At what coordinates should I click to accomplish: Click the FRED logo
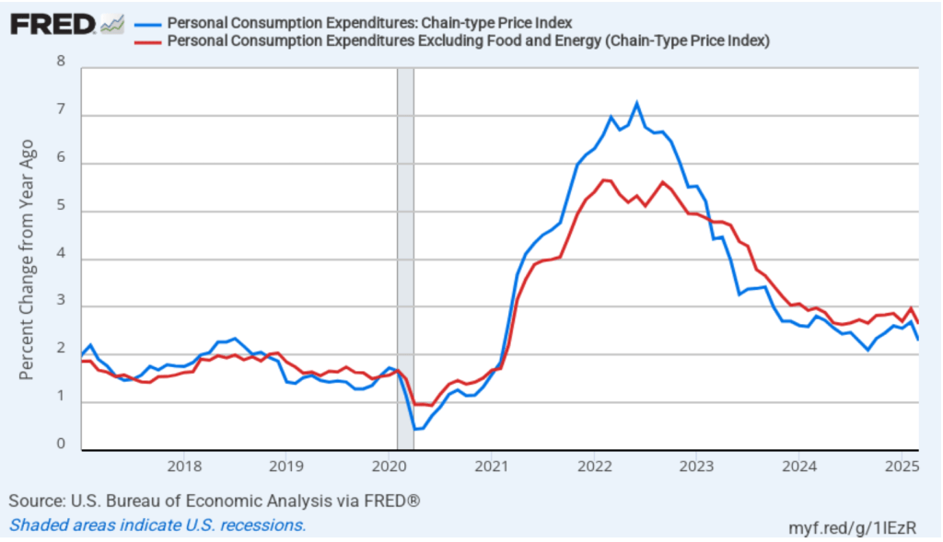(52, 24)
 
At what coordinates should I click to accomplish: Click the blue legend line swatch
(147, 23)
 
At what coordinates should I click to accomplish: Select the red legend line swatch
(147, 40)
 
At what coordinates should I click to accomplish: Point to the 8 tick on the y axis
(62, 63)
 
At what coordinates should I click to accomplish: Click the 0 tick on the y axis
(62, 444)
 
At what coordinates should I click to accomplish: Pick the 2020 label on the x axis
(390, 465)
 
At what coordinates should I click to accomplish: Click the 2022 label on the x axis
(595, 465)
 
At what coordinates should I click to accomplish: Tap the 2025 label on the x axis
(902, 465)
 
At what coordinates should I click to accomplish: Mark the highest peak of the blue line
(636, 102)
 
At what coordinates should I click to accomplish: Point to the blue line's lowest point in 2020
(415, 429)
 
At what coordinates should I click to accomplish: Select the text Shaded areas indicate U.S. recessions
(157, 525)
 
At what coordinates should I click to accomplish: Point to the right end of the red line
(918, 322)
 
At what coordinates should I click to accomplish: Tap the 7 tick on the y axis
(62, 110)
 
